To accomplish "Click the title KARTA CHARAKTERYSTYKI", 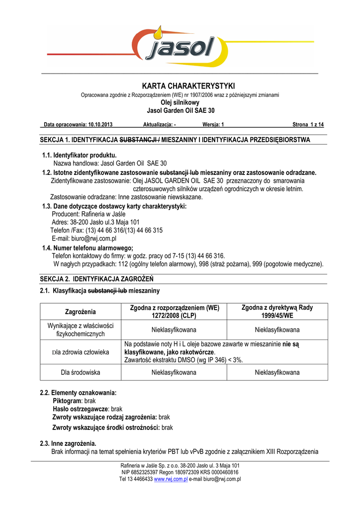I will click(181, 86).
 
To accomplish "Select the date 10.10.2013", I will click(101, 125).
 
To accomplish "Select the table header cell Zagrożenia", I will click(80, 312).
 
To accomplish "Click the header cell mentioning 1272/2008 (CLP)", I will click(174, 312).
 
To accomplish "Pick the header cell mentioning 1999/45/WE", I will click(277, 312).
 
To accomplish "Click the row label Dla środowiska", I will click(81, 372).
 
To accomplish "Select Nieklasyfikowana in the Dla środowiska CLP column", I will click(174, 372).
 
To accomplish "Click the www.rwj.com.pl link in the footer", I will click(171, 479).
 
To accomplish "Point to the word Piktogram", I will click(67, 401).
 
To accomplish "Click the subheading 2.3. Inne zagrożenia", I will click(68, 443).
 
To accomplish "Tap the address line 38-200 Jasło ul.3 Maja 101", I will click(95, 222).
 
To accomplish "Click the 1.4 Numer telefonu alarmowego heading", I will click(88, 248).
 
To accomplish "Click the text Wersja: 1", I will click(213, 125).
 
